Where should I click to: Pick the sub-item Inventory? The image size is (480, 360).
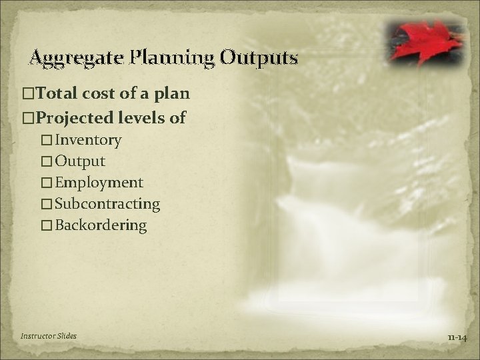(88, 140)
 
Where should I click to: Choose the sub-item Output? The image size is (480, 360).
(80, 161)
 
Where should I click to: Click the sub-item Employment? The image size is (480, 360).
(99, 183)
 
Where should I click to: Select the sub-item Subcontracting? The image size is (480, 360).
(107, 204)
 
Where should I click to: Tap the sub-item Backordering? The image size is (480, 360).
(101, 225)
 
